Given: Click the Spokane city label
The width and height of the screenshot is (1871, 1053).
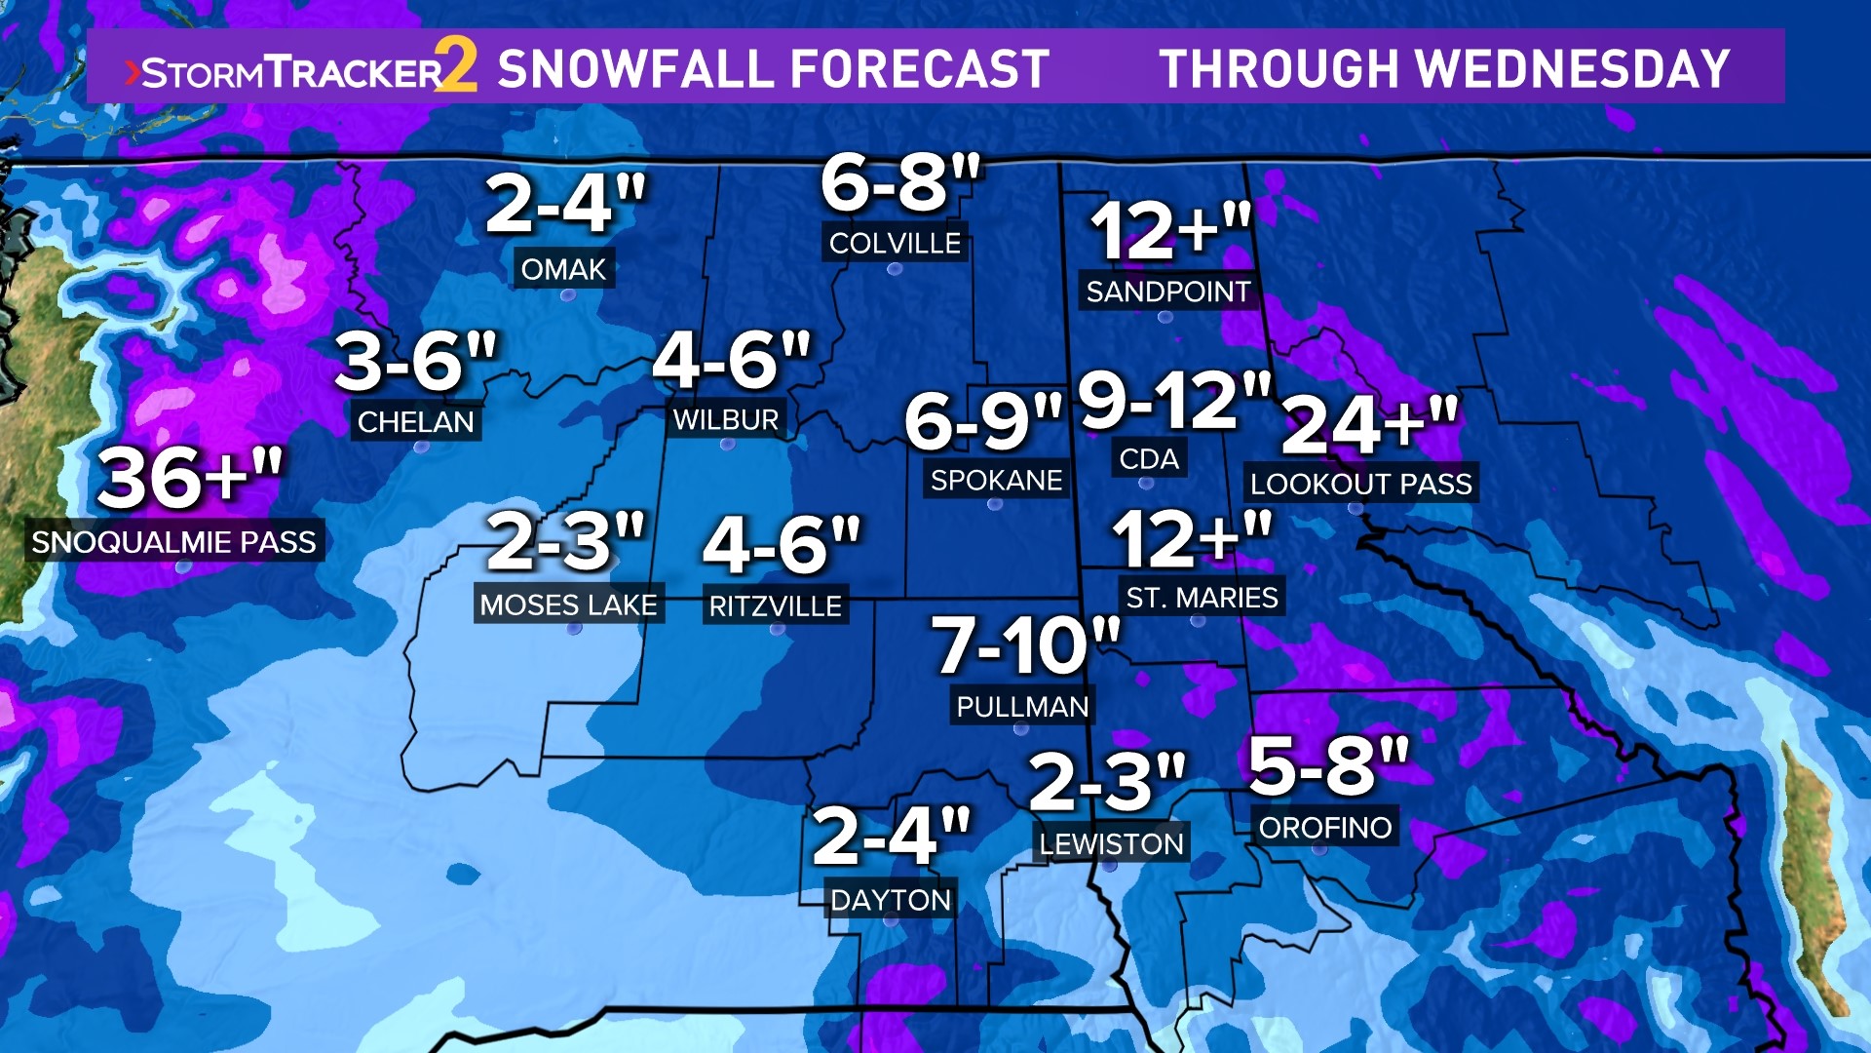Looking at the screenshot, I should (x=996, y=481).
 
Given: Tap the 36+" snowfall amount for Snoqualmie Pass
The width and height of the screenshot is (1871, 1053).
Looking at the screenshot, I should (x=190, y=478).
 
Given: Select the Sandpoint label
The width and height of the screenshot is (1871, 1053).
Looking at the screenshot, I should (x=1167, y=292).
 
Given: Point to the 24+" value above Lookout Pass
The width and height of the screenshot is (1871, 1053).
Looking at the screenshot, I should (x=1369, y=425).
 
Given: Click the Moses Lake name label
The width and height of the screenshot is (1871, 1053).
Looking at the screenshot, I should (x=568, y=605).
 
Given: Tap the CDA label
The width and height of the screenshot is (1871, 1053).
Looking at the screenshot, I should (x=1149, y=459).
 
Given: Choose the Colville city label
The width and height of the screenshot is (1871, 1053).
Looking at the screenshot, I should (x=895, y=244).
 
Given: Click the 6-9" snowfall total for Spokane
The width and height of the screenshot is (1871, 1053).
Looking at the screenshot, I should (x=982, y=421).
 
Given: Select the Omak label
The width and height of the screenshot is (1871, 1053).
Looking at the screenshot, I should (x=563, y=269).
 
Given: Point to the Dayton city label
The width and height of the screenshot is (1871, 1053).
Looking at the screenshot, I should (x=890, y=900).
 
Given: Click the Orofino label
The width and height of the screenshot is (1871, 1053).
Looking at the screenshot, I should (x=1325, y=828).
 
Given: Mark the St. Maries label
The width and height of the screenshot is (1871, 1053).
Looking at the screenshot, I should (x=1202, y=598).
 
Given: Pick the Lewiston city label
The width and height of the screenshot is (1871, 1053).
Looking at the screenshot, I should (x=1111, y=844).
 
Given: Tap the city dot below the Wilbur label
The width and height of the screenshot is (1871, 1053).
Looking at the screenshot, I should (x=726, y=445).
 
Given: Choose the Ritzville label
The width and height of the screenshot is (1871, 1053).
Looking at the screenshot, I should (x=775, y=606).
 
